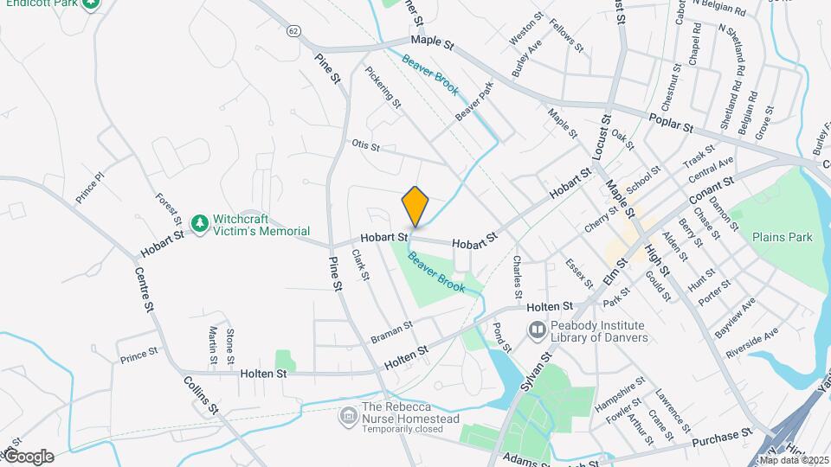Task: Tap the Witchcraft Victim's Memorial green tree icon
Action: [200, 225]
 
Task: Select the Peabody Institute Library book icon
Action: [538, 330]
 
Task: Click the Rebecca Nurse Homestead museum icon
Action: [348, 417]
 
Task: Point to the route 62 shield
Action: [294, 31]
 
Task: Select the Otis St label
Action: [365, 145]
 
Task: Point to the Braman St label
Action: [390, 329]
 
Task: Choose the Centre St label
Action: [145, 289]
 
